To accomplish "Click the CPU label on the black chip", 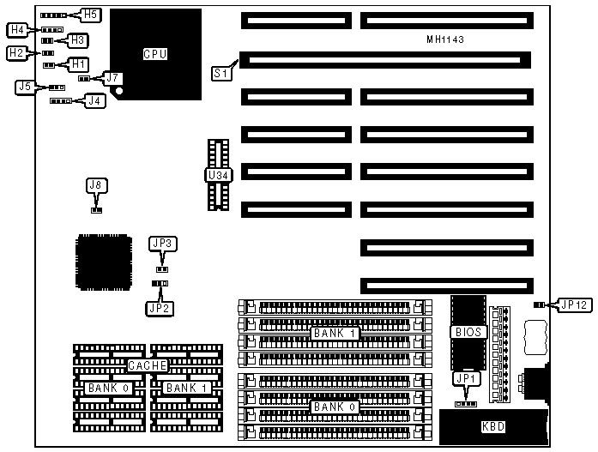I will point(155,54).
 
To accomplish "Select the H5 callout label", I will point(90,15).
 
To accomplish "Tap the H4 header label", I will point(18,30).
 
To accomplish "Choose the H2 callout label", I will point(16,53).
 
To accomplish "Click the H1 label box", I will point(78,63).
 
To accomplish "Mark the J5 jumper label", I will point(26,87).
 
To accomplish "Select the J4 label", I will point(95,101).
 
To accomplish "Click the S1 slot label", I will point(220,74).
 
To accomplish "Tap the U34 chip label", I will point(217,175).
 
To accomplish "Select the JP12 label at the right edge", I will point(572,304).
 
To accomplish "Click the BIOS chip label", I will point(468,331).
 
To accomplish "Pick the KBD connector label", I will point(493,426).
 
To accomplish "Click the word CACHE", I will point(146,366).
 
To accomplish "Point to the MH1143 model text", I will point(446,40).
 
